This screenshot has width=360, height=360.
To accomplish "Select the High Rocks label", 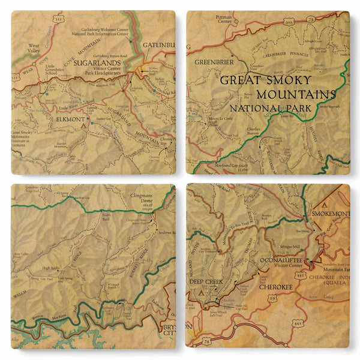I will (x=50, y=268).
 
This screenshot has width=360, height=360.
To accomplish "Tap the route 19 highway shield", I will (x=272, y=298).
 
